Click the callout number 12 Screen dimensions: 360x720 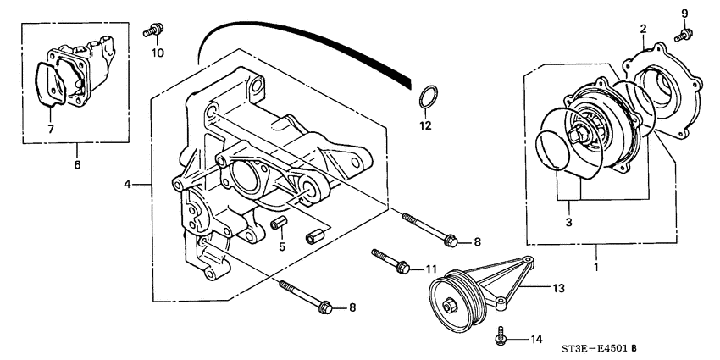pos(426,126)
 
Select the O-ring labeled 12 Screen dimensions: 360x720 pos(429,97)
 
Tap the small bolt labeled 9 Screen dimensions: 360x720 pos(682,35)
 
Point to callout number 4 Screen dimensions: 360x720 pos(128,184)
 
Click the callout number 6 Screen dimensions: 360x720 pos(76,164)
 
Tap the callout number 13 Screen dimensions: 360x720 pos(558,289)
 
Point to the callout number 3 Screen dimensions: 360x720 pos(569,222)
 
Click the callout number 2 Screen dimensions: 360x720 pos(643,29)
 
